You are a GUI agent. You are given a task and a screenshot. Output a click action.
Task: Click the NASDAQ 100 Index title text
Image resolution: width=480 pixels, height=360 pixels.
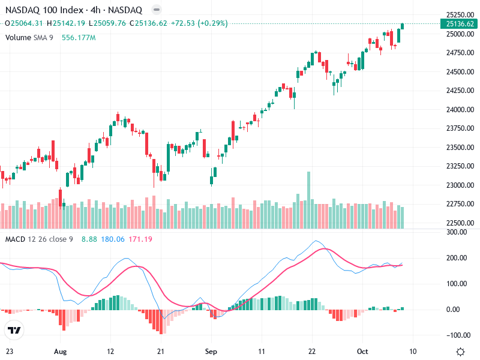(x=44, y=10)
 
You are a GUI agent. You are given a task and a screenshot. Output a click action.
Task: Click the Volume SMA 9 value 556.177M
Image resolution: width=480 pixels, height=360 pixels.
(x=79, y=37)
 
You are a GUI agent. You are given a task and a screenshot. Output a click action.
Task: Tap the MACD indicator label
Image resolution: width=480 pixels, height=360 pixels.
(x=16, y=239)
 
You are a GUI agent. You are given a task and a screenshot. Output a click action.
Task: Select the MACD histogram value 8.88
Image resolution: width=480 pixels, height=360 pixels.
(x=89, y=239)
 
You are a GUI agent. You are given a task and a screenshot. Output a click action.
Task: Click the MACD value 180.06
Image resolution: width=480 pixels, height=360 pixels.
(x=113, y=239)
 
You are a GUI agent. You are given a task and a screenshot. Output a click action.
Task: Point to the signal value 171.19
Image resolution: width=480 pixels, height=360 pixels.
(x=140, y=239)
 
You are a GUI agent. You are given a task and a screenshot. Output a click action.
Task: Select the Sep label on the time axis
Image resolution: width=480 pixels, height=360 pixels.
(x=210, y=352)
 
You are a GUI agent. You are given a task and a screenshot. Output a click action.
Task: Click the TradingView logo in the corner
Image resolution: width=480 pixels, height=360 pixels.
(x=14, y=330)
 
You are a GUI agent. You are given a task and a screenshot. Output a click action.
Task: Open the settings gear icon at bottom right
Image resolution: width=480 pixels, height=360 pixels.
(x=460, y=352)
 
